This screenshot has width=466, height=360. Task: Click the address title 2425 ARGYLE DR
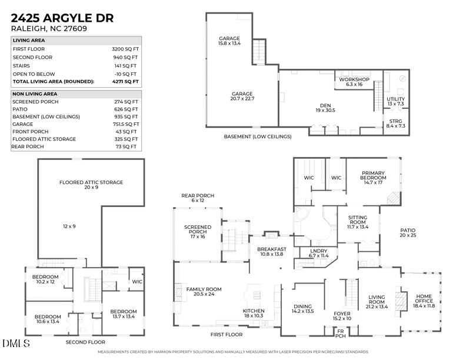tap(62, 18)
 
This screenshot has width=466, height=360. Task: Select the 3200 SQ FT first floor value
tap(125, 49)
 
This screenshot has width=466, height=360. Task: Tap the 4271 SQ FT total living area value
tap(126, 82)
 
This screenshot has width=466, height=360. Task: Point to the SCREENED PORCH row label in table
tap(35, 102)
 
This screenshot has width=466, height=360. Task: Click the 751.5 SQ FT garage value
tap(127, 124)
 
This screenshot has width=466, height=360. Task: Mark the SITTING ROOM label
tap(357, 222)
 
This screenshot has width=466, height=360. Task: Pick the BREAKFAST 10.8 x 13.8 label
tap(271, 251)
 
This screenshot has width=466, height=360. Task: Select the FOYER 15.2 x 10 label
tap(342, 316)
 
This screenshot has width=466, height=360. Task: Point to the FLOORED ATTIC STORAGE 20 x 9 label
tap(91, 185)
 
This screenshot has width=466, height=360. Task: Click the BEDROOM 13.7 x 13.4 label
tap(123, 314)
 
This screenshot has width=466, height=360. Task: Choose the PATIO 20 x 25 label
tap(408, 233)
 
